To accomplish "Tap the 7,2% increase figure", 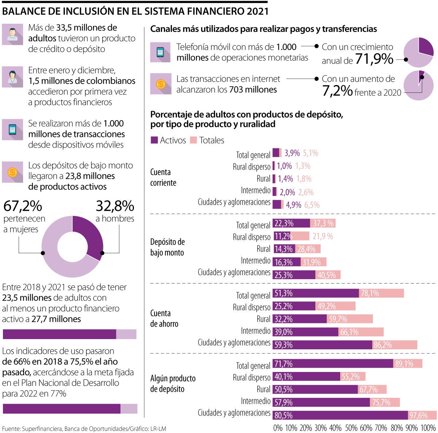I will pyautogui.click(x=337, y=91).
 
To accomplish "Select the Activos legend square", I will pyautogui.click(x=154, y=140).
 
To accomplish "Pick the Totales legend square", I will pyautogui.click(x=193, y=140).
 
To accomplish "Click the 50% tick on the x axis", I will pyautogui.click(x=351, y=428).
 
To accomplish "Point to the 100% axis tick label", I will pyautogui.click(x=428, y=428).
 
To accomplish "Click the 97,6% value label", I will pyautogui.click(x=418, y=415).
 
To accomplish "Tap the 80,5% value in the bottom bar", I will pyautogui.click(x=284, y=415).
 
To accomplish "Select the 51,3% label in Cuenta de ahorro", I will pyautogui.click(x=284, y=293).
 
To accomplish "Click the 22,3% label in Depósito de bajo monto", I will pyautogui.click(x=284, y=223).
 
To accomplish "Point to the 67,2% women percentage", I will pyautogui.click(x=23, y=206).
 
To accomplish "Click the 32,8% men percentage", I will pyautogui.click(x=115, y=206).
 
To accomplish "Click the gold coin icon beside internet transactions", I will pyautogui.click(x=161, y=84).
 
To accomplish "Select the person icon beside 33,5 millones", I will pyautogui.click(x=12, y=34).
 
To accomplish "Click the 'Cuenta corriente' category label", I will pyautogui.click(x=163, y=177).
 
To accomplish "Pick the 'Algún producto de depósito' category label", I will pyautogui.click(x=173, y=383).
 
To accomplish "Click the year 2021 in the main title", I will pyautogui.click(x=257, y=11).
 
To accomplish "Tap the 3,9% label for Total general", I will pyautogui.click(x=292, y=153).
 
